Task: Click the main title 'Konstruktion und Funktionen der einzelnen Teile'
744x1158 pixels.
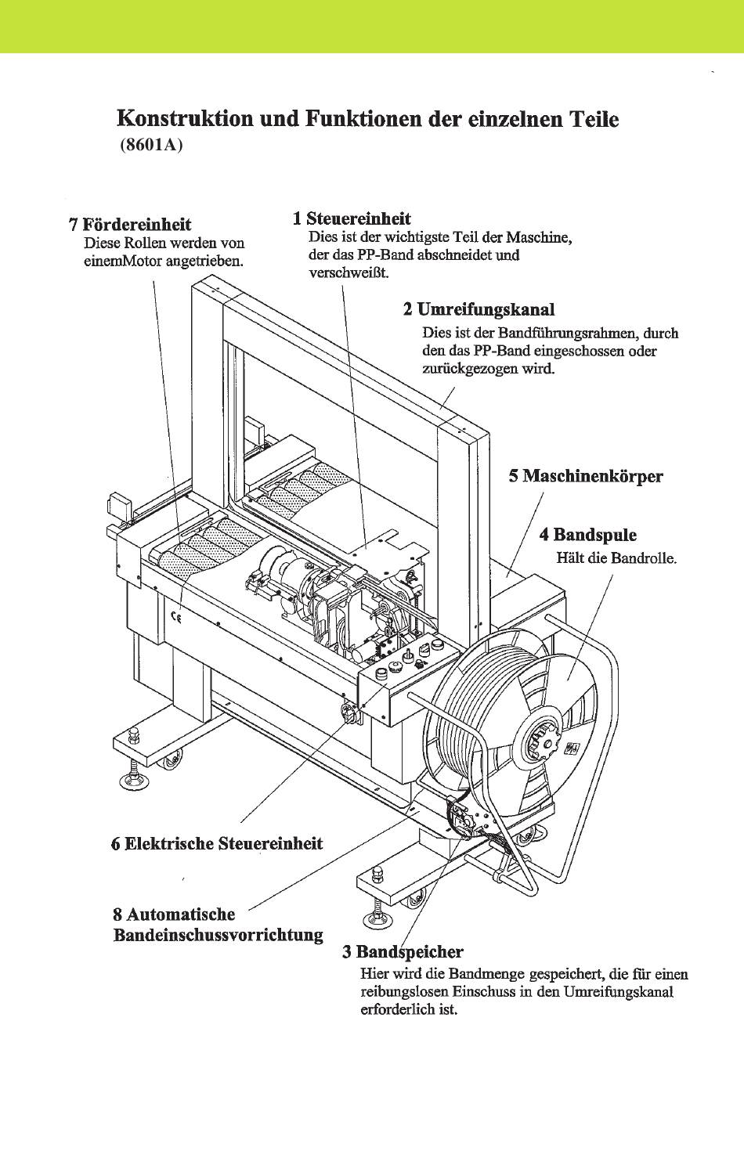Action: pos(367,119)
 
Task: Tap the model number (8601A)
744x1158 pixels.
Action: pos(151,146)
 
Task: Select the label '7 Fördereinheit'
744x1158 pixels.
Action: pos(130,225)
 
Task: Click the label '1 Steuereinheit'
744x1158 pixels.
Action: pos(352,218)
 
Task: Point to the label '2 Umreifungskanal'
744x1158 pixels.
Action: pos(479,308)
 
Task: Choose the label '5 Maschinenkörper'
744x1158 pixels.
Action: pos(585,476)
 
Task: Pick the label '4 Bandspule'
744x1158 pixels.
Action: pos(587,535)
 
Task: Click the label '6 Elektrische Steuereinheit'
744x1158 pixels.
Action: pos(217,843)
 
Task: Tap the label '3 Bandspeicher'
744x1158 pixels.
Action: pos(403,952)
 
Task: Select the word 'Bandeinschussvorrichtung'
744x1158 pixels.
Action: pos(219,935)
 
